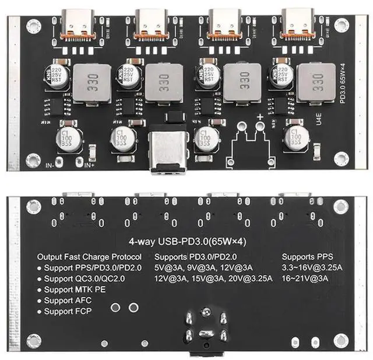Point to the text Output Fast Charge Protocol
click(x=89, y=257)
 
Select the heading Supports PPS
click(x=307, y=257)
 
